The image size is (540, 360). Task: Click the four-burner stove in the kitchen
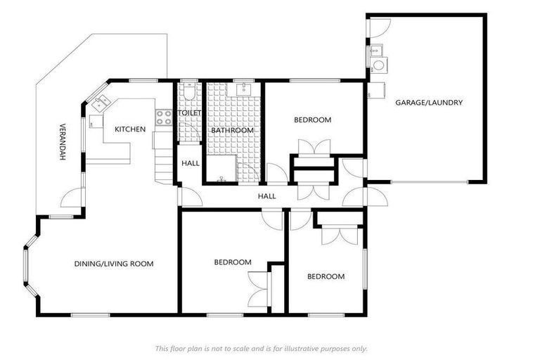click(163, 117)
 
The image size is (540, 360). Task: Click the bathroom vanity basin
click(244, 89)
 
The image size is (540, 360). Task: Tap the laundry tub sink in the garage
click(375, 50)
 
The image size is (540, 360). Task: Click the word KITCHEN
click(130, 129)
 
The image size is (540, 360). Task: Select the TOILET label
click(190, 112)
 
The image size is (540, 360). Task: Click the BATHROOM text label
click(232, 130)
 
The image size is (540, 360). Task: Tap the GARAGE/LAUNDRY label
click(428, 103)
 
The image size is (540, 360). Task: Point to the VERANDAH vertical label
click(61, 143)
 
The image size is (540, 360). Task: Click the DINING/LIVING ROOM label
click(113, 264)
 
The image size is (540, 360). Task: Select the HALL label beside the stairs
click(190, 163)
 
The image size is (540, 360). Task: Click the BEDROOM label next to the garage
click(312, 120)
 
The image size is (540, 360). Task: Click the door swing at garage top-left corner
click(378, 27)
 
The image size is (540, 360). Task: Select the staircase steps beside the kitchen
click(165, 166)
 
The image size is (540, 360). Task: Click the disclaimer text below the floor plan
click(261, 348)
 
